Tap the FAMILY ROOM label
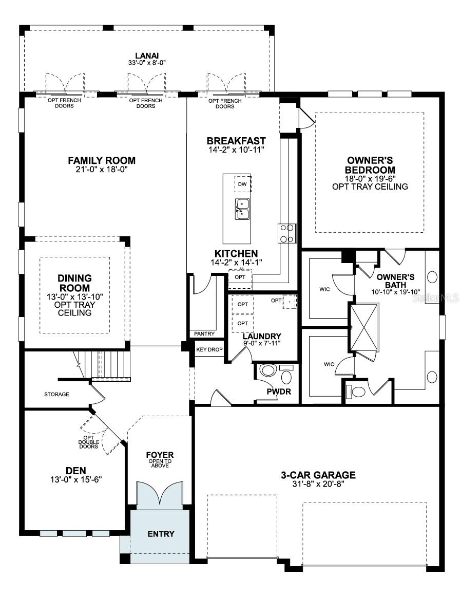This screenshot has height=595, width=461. click(x=102, y=160)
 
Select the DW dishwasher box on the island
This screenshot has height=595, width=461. click(x=242, y=184)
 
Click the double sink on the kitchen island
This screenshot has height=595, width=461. click(x=242, y=209)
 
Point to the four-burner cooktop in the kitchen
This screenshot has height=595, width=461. click(x=287, y=233)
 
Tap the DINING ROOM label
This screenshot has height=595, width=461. click(x=74, y=283)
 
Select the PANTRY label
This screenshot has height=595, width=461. click(x=204, y=334)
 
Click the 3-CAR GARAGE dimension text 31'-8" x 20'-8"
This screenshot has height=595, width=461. click(x=318, y=484)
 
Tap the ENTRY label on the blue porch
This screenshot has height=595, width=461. click(x=161, y=534)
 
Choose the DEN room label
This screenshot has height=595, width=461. click(x=75, y=470)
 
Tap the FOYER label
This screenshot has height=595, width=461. click(x=160, y=455)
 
